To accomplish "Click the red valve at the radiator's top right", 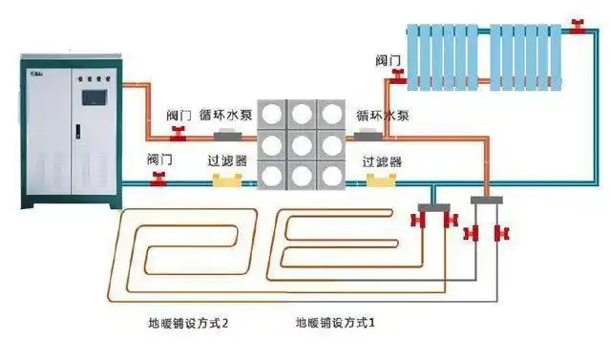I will pyautogui.click(x=576, y=23).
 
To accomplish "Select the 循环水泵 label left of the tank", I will pyautogui.click(x=225, y=115).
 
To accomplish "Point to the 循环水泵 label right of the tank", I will pyautogui.click(x=383, y=115).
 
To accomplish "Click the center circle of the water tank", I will pyautogui.click(x=302, y=147).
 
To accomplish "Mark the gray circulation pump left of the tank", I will pyautogui.click(x=231, y=137).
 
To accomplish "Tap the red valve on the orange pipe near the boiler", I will pyautogui.click(x=177, y=132).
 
